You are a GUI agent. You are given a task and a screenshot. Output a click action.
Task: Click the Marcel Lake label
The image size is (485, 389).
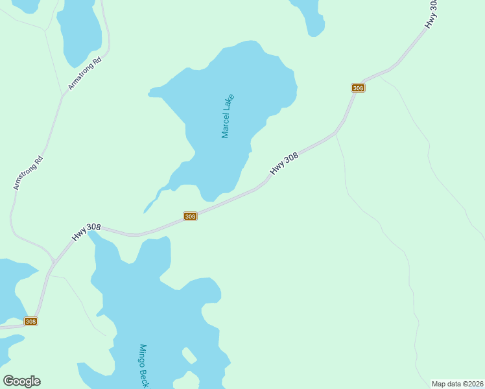(x=227, y=116)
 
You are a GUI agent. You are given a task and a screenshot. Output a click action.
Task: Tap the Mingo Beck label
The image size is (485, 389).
(x=143, y=367)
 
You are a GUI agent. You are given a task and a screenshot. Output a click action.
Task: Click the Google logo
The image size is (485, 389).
(x=21, y=381)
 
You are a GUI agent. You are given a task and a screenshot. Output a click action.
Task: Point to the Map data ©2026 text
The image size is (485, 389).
(x=458, y=384)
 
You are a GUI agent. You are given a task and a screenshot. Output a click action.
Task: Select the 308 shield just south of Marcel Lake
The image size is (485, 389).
(x=190, y=216)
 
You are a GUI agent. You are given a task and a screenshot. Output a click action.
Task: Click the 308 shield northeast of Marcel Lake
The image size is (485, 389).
(x=358, y=88)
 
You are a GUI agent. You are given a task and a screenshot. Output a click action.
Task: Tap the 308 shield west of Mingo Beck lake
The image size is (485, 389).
(x=30, y=321)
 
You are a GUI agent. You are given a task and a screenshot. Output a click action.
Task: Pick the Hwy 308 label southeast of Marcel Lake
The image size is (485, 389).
(x=284, y=163)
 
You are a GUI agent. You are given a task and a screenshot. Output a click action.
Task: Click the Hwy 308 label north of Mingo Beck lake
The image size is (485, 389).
(x=86, y=231)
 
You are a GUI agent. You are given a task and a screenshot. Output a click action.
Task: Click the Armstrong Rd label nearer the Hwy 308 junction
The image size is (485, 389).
(x=29, y=173)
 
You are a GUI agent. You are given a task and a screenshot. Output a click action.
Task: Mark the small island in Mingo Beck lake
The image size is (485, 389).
(x=189, y=355)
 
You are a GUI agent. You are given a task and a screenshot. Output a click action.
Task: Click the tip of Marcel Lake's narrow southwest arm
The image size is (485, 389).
(x=145, y=211)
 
